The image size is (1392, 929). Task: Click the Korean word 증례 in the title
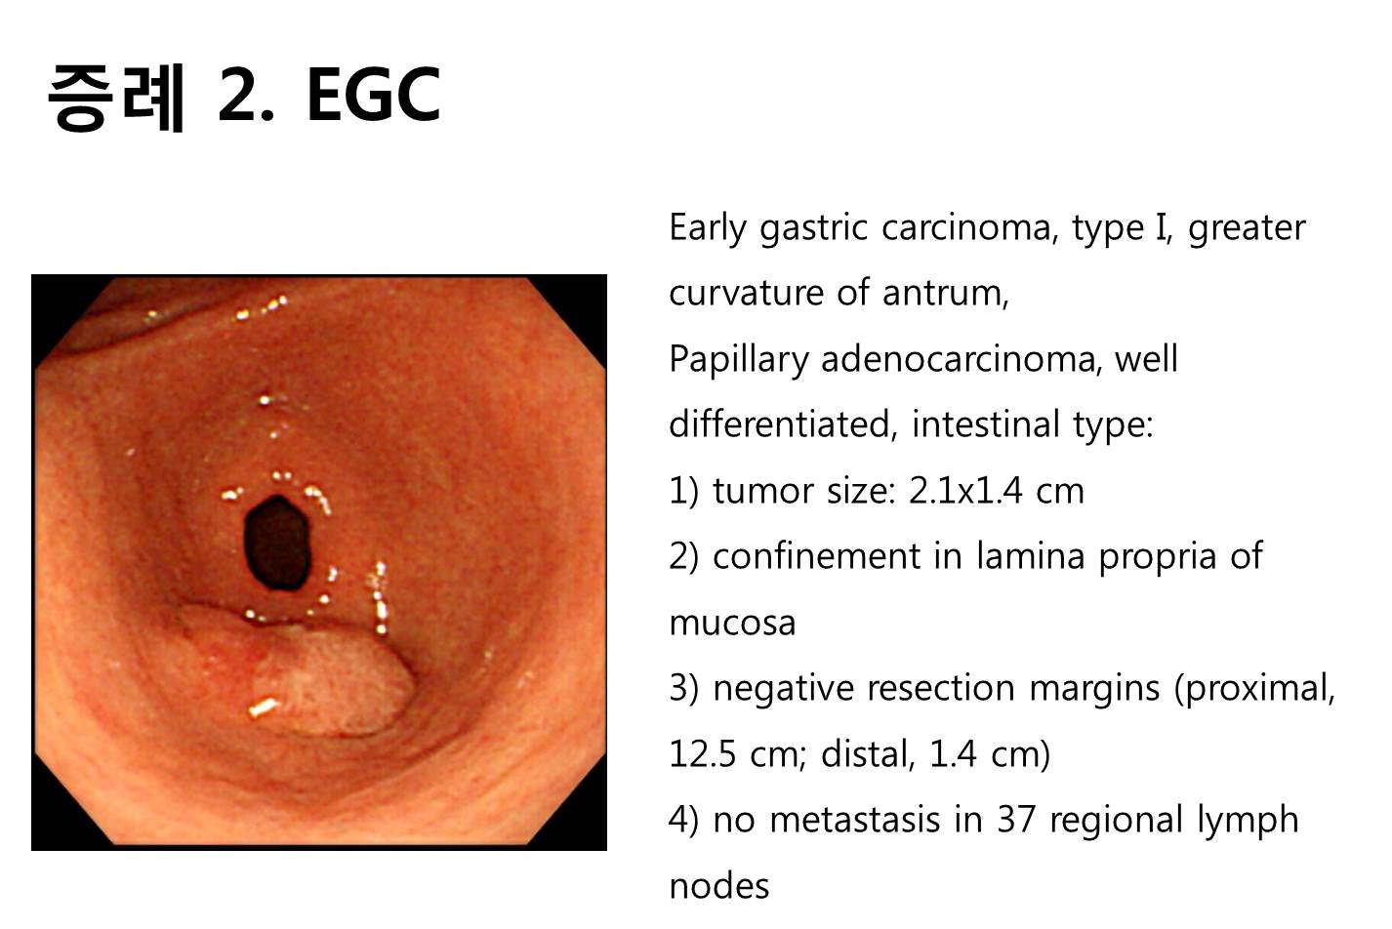click(116, 98)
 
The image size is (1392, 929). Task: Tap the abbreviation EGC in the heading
click(374, 95)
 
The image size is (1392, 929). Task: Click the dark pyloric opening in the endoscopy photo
click(277, 543)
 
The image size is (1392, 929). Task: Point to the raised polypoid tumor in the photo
click(333, 682)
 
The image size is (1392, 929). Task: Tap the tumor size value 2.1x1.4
click(965, 491)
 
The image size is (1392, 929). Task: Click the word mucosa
click(732, 624)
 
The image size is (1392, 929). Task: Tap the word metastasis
click(854, 820)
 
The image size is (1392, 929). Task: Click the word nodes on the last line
click(719, 885)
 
